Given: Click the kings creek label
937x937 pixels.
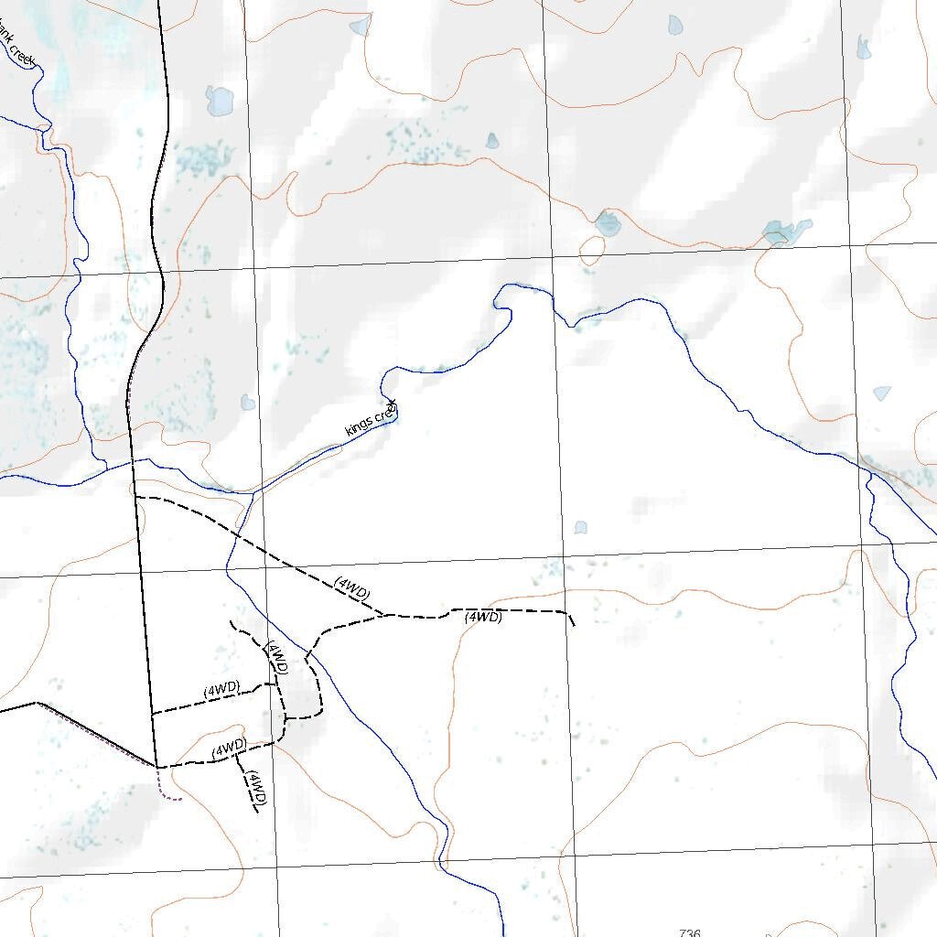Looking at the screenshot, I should (x=371, y=417).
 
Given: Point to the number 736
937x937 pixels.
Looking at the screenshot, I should (x=690, y=932).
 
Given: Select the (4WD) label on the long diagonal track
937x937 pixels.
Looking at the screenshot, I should (x=352, y=587).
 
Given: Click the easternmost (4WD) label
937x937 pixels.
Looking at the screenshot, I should (x=483, y=618).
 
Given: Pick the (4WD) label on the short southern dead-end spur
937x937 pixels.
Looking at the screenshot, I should (x=256, y=788).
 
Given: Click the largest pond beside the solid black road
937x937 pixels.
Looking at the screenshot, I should (x=220, y=101).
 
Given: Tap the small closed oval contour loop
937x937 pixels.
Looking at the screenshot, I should (x=592, y=247).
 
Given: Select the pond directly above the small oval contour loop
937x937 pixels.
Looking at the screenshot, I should (x=608, y=222).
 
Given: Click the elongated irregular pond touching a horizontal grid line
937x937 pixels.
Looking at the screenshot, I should (x=785, y=231).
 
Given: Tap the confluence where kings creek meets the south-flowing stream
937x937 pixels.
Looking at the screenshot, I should (x=253, y=491).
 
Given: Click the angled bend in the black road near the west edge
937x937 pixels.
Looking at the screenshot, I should (x=37, y=703).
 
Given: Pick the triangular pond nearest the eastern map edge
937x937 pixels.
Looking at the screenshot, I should (x=881, y=393).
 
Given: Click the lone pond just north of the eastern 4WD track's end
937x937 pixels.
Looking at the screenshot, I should (x=580, y=528).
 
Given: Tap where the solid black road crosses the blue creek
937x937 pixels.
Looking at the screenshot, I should (x=132, y=461).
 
